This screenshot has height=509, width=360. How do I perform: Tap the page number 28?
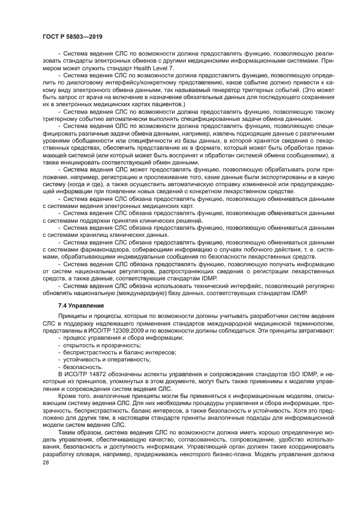[x=46, y=462]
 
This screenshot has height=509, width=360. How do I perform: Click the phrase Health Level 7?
[x=126, y=68]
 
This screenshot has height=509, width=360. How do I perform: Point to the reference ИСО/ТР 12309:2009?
[x=121, y=331]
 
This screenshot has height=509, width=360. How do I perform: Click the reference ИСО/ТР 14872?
[x=88, y=374]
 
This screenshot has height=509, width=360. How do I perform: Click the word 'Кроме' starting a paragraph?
[x=67, y=396]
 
